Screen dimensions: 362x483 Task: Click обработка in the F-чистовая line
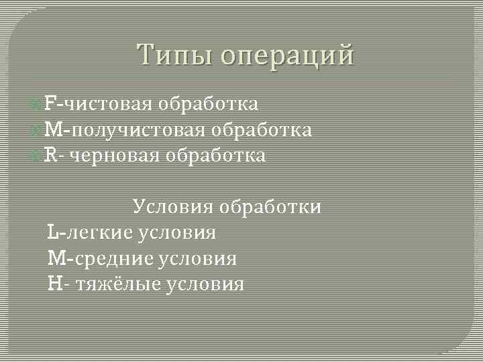[209, 103]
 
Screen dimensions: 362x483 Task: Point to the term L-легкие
[91, 233]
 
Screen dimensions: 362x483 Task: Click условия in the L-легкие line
[178, 233]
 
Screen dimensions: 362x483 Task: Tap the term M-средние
[101, 258]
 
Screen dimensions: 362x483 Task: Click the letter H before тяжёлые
[54, 284]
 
